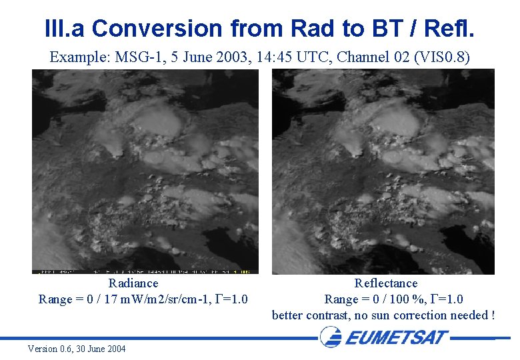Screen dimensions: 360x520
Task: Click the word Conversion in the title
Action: tap(157, 29)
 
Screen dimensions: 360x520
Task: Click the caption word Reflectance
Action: tap(385, 283)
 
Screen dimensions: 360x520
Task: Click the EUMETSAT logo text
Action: tap(396, 337)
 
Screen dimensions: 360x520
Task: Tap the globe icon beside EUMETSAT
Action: tap(331, 337)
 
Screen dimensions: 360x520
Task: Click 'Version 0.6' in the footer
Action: tap(52, 349)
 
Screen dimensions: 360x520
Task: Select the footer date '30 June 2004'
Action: tap(106, 349)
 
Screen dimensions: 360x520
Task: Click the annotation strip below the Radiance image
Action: tap(145, 271)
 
